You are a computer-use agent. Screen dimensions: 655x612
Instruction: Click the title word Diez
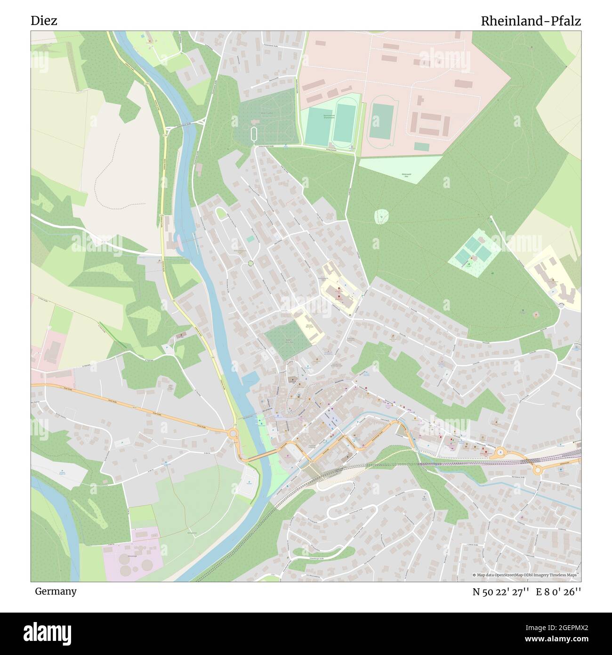tap(44, 21)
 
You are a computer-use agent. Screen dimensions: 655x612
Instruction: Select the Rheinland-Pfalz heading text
tap(531, 21)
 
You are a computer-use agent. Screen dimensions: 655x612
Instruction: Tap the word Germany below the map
tap(56, 591)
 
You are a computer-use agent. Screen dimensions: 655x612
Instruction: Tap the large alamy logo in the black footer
tap(47, 633)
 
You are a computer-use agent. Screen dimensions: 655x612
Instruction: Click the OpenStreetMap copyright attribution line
tap(526, 575)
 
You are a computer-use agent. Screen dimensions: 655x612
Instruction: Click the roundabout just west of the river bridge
tap(233, 432)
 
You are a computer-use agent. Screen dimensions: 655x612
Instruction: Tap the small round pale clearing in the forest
tap(381, 217)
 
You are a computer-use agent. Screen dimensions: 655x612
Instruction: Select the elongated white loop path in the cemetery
tap(255, 134)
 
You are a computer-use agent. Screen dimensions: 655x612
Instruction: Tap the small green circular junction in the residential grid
tap(251, 263)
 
